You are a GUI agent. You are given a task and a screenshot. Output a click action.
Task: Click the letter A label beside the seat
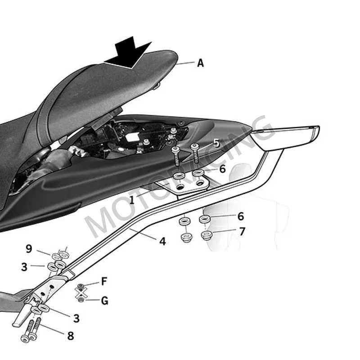[x=200, y=63]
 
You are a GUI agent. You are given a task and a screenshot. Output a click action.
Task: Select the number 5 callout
[x=216, y=144]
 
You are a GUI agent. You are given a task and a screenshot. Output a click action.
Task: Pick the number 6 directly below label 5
[x=222, y=169]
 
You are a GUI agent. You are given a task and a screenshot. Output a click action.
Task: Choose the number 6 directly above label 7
[x=241, y=216]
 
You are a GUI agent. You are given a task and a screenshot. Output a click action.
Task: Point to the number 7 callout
[x=242, y=232]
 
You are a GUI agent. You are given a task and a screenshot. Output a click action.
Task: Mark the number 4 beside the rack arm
[x=162, y=242]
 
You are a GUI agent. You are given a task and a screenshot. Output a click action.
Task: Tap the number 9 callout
[x=29, y=248]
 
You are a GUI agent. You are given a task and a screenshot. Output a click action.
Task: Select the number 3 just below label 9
[x=24, y=266]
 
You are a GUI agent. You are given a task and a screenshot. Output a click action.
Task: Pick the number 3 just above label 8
[x=76, y=319]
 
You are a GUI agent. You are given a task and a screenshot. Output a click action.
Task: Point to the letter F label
[x=104, y=282]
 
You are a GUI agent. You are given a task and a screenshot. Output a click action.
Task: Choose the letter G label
[x=105, y=300]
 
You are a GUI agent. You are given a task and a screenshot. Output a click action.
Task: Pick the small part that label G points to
[x=81, y=299]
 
